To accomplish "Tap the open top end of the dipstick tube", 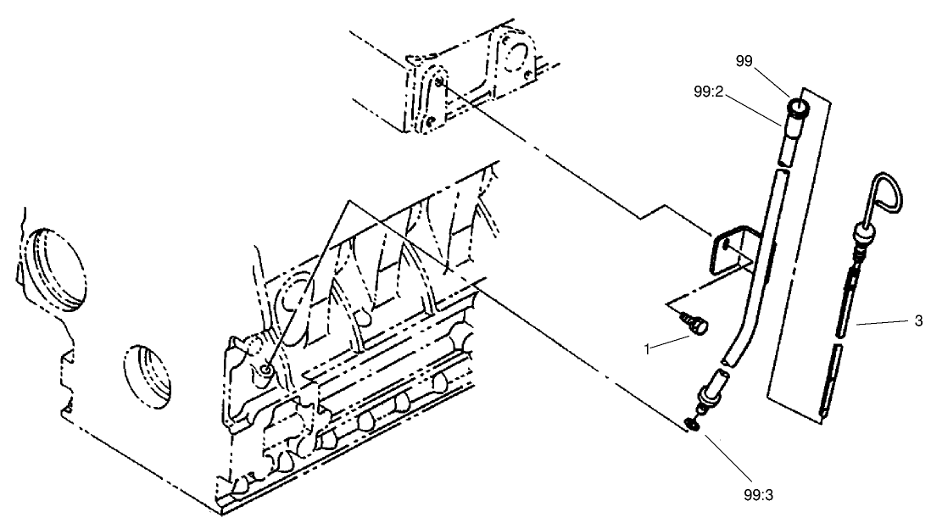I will [799, 108].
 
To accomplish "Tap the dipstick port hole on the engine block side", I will [267, 369].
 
